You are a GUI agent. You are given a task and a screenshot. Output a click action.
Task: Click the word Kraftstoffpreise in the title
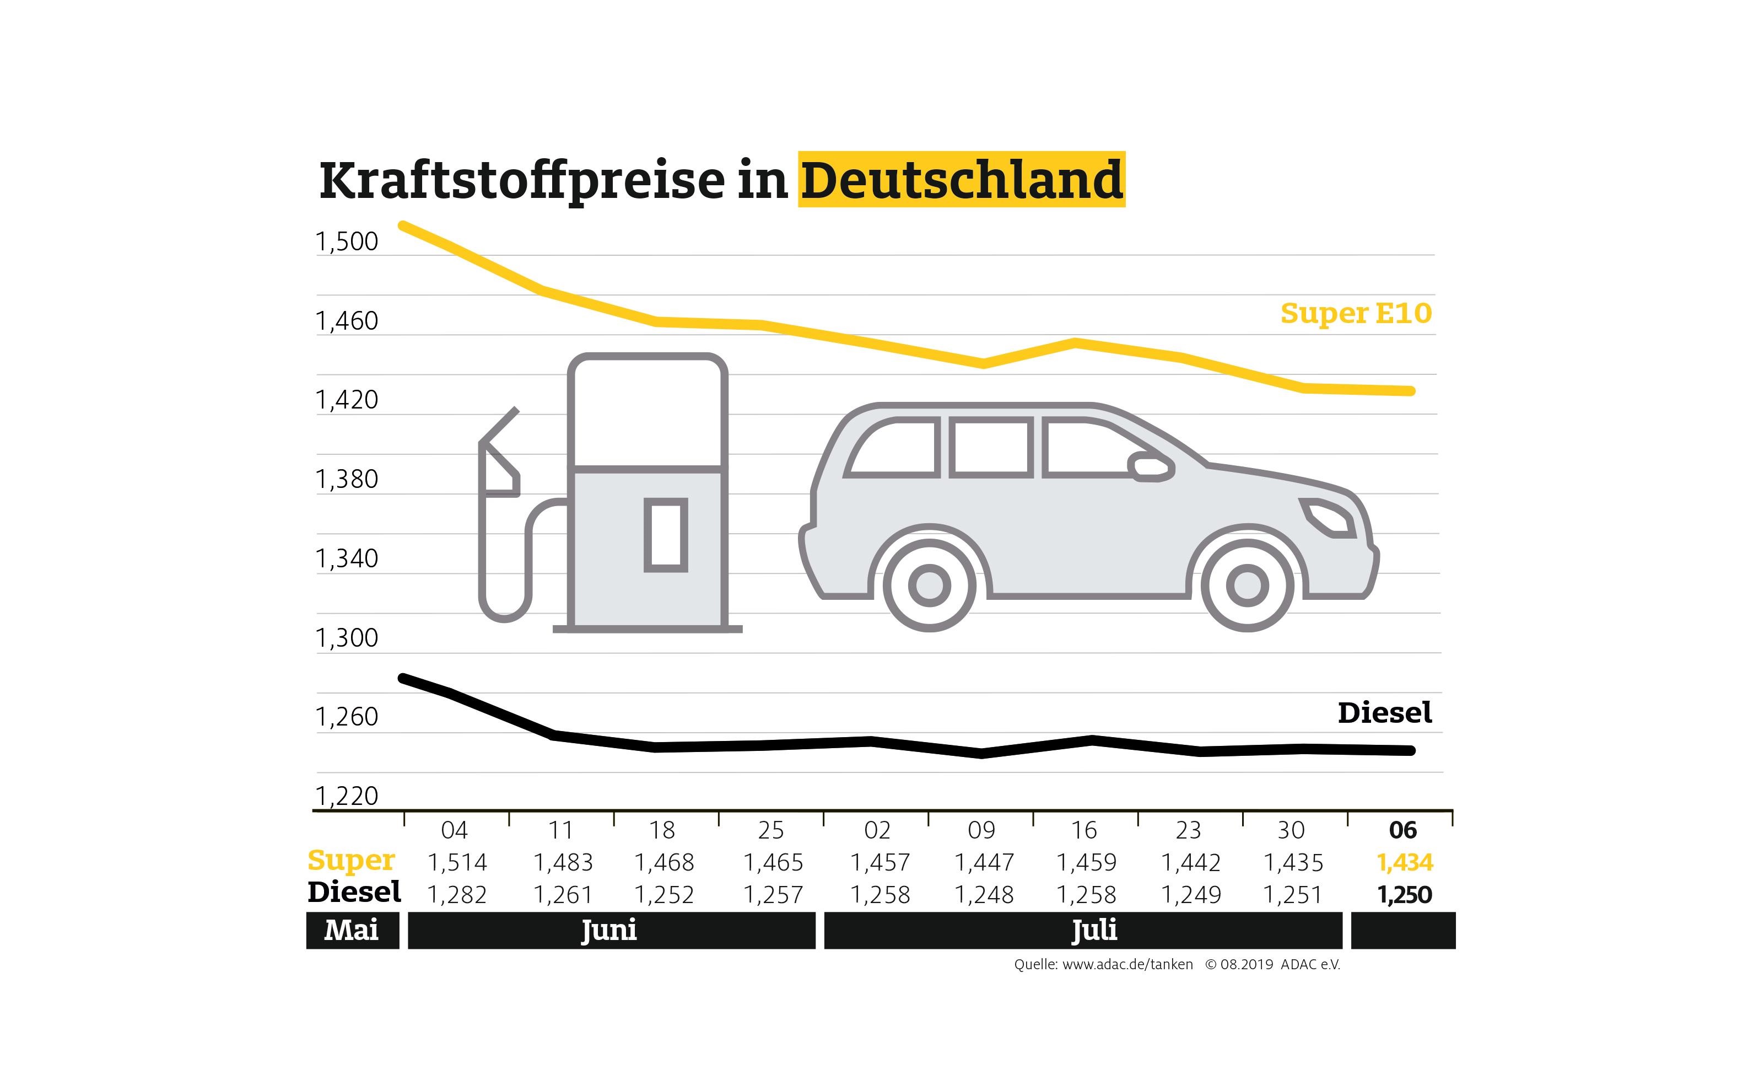pos(522,181)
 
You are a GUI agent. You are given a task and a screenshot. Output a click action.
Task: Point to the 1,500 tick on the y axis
pos(347,242)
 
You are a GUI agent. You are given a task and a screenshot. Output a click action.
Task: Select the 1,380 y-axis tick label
pos(347,479)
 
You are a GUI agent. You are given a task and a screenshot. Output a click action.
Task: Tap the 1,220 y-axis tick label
pos(347,796)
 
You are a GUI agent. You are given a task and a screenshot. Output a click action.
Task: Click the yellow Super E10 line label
pos(1355,314)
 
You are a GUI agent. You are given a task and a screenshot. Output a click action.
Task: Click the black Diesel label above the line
pos(1384,712)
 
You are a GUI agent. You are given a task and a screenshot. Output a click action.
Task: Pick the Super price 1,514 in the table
pos(457,862)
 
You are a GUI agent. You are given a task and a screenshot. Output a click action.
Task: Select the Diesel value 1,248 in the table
pos(983,895)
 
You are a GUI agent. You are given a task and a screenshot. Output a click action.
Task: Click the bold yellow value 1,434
pos(1404,862)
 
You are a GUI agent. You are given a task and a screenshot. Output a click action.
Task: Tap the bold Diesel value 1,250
pos(1404,895)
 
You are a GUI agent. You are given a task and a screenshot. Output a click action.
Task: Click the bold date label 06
pos(1402,830)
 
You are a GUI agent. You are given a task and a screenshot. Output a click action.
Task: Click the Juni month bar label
pos(609,930)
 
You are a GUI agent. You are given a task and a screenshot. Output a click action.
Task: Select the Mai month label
pos(352,930)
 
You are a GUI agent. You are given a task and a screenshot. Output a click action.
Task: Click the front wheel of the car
pos(1247,586)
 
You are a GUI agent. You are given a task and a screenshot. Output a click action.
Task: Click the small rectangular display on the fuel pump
pos(666,535)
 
